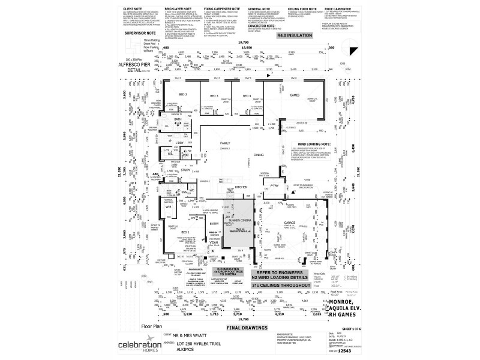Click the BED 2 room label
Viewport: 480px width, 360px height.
(x=183, y=95)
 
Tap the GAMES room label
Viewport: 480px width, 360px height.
(x=295, y=95)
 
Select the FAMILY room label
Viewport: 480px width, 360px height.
(x=225, y=143)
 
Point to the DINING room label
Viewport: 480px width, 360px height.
(x=258, y=155)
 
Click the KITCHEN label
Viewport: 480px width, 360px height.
(x=241, y=187)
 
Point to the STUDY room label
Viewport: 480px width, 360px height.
(x=185, y=170)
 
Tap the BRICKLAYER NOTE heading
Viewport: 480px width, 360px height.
(x=173, y=10)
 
